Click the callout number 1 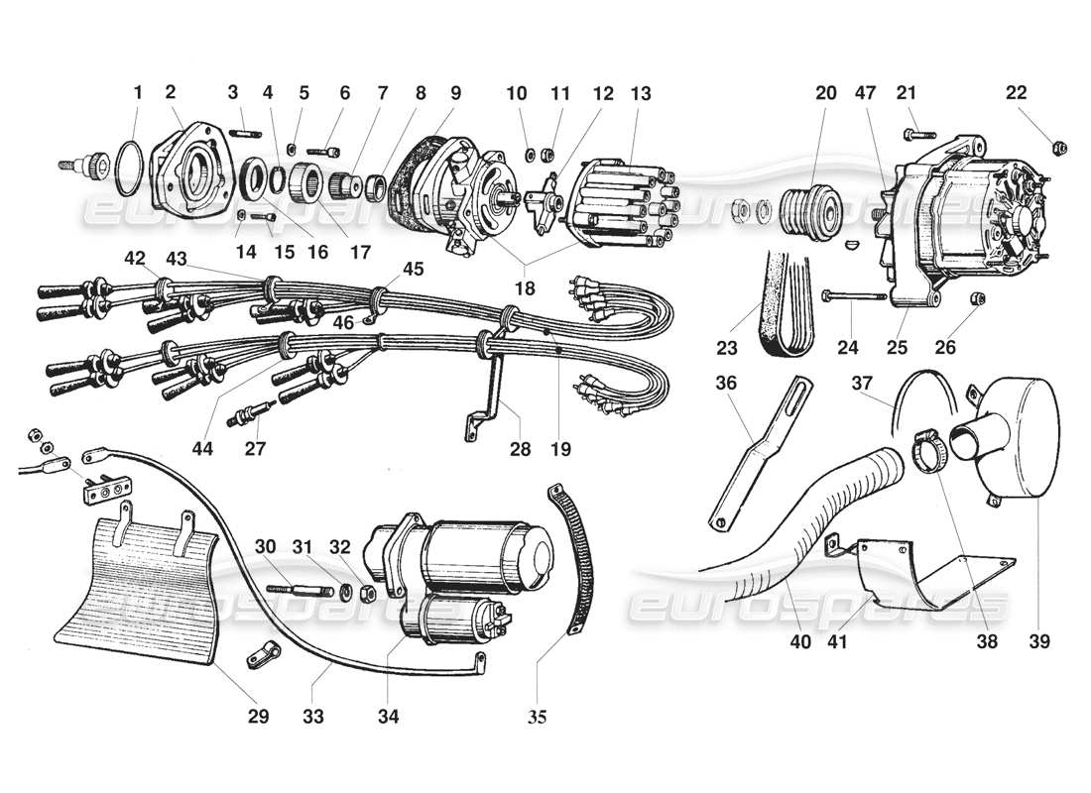coord(138,93)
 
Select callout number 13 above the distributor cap coord(640,93)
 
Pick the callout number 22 coord(1015,93)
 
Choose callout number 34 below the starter coord(388,716)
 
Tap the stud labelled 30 coord(298,590)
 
